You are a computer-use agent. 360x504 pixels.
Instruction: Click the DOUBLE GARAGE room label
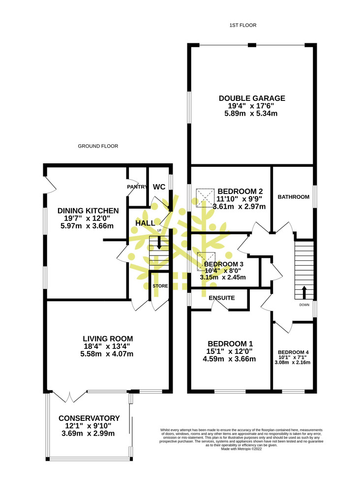pos(252,98)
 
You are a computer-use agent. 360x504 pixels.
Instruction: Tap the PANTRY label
pos(137,187)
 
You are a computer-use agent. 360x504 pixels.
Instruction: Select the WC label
pos(159,187)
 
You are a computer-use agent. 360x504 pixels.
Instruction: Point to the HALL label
pos(145,223)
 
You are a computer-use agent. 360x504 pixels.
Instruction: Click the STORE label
pos(160,286)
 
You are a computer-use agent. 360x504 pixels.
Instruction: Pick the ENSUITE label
pos(222,298)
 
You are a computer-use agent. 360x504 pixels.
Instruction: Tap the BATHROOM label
pos(294,197)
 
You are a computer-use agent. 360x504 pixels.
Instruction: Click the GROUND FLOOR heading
pos(98,146)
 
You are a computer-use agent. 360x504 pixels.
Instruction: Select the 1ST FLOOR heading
pos(243,25)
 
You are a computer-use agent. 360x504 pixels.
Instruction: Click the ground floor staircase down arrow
pos(159,243)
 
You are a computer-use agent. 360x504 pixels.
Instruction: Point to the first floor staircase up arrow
pos(304,292)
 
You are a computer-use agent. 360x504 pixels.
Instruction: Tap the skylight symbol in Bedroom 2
pos(205,198)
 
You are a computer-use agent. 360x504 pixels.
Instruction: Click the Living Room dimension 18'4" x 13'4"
pos(107,346)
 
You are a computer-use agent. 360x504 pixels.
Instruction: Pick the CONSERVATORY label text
pos(89,418)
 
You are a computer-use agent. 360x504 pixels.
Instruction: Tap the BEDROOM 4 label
pos(293,352)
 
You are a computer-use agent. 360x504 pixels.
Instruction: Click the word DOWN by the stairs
pos(304,305)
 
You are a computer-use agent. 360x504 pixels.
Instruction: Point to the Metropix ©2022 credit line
pos(241,449)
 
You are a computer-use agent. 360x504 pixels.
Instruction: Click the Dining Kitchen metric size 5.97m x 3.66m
pos(87,226)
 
